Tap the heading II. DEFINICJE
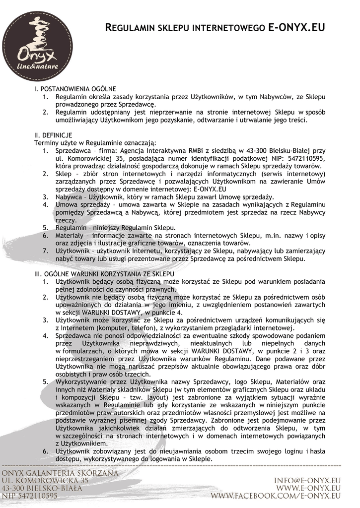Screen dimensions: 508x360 tap(53, 135)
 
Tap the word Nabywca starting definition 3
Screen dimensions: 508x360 tap(69, 197)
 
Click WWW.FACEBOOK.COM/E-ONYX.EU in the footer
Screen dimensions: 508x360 tap(276, 495)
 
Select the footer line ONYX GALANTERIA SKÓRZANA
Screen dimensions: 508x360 tap(60, 473)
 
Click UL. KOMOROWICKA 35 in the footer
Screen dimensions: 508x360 tap(45, 480)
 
